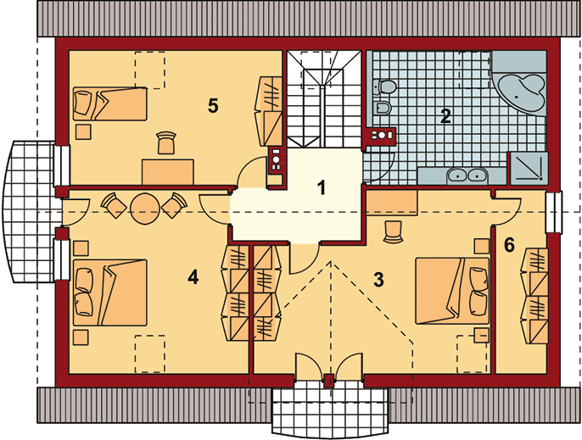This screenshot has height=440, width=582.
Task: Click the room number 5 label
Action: [x=213, y=106]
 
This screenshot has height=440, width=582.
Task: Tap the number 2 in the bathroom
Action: [x=445, y=116]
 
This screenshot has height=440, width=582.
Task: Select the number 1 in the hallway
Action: [x=322, y=187]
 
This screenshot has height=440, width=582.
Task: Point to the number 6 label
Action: [x=509, y=245]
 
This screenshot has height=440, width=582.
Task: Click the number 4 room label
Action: [x=193, y=277]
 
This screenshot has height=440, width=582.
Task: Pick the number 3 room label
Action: [x=378, y=280]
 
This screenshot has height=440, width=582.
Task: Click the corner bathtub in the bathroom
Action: [x=519, y=89]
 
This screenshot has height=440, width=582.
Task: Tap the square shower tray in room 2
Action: [x=529, y=169]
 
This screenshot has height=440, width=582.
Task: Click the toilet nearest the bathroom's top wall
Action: [x=384, y=86]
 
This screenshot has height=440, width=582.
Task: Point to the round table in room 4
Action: [x=146, y=209]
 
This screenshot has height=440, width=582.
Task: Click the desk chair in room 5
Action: [x=166, y=142]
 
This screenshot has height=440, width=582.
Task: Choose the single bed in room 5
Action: [x=110, y=104]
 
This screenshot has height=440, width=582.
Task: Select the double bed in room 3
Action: [x=452, y=291]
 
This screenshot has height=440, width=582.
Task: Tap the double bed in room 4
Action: [x=110, y=292]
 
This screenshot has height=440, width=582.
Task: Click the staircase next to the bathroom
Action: [x=324, y=99]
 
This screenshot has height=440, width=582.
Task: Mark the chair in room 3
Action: [x=393, y=231]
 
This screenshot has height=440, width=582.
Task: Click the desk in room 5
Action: [x=168, y=172]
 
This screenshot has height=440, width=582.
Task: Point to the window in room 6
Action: [x=554, y=212]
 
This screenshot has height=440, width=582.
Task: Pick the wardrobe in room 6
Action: [x=534, y=296]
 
